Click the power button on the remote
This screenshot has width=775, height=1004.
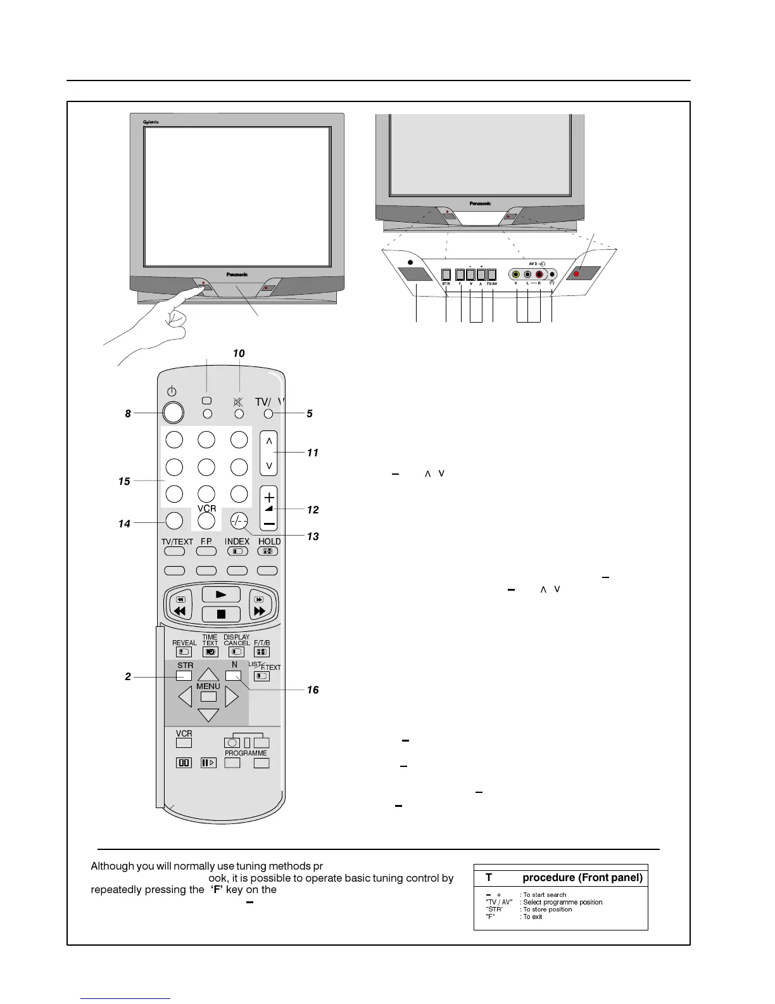point(173,413)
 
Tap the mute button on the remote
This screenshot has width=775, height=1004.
point(239,414)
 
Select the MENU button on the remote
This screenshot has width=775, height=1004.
point(208,697)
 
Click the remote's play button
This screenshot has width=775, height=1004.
point(221,595)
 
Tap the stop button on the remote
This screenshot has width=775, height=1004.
point(221,614)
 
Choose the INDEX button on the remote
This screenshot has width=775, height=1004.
point(237,551)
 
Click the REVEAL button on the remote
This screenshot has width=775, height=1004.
point(184,652)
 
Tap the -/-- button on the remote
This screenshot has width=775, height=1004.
point(239,520)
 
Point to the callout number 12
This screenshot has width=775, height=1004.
point(313,510)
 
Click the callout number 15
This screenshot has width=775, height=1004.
point(124,482)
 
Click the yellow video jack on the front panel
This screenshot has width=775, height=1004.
point(516,275)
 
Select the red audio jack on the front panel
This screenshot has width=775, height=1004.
point(539,275)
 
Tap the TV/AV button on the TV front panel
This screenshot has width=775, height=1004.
point(492,275)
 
